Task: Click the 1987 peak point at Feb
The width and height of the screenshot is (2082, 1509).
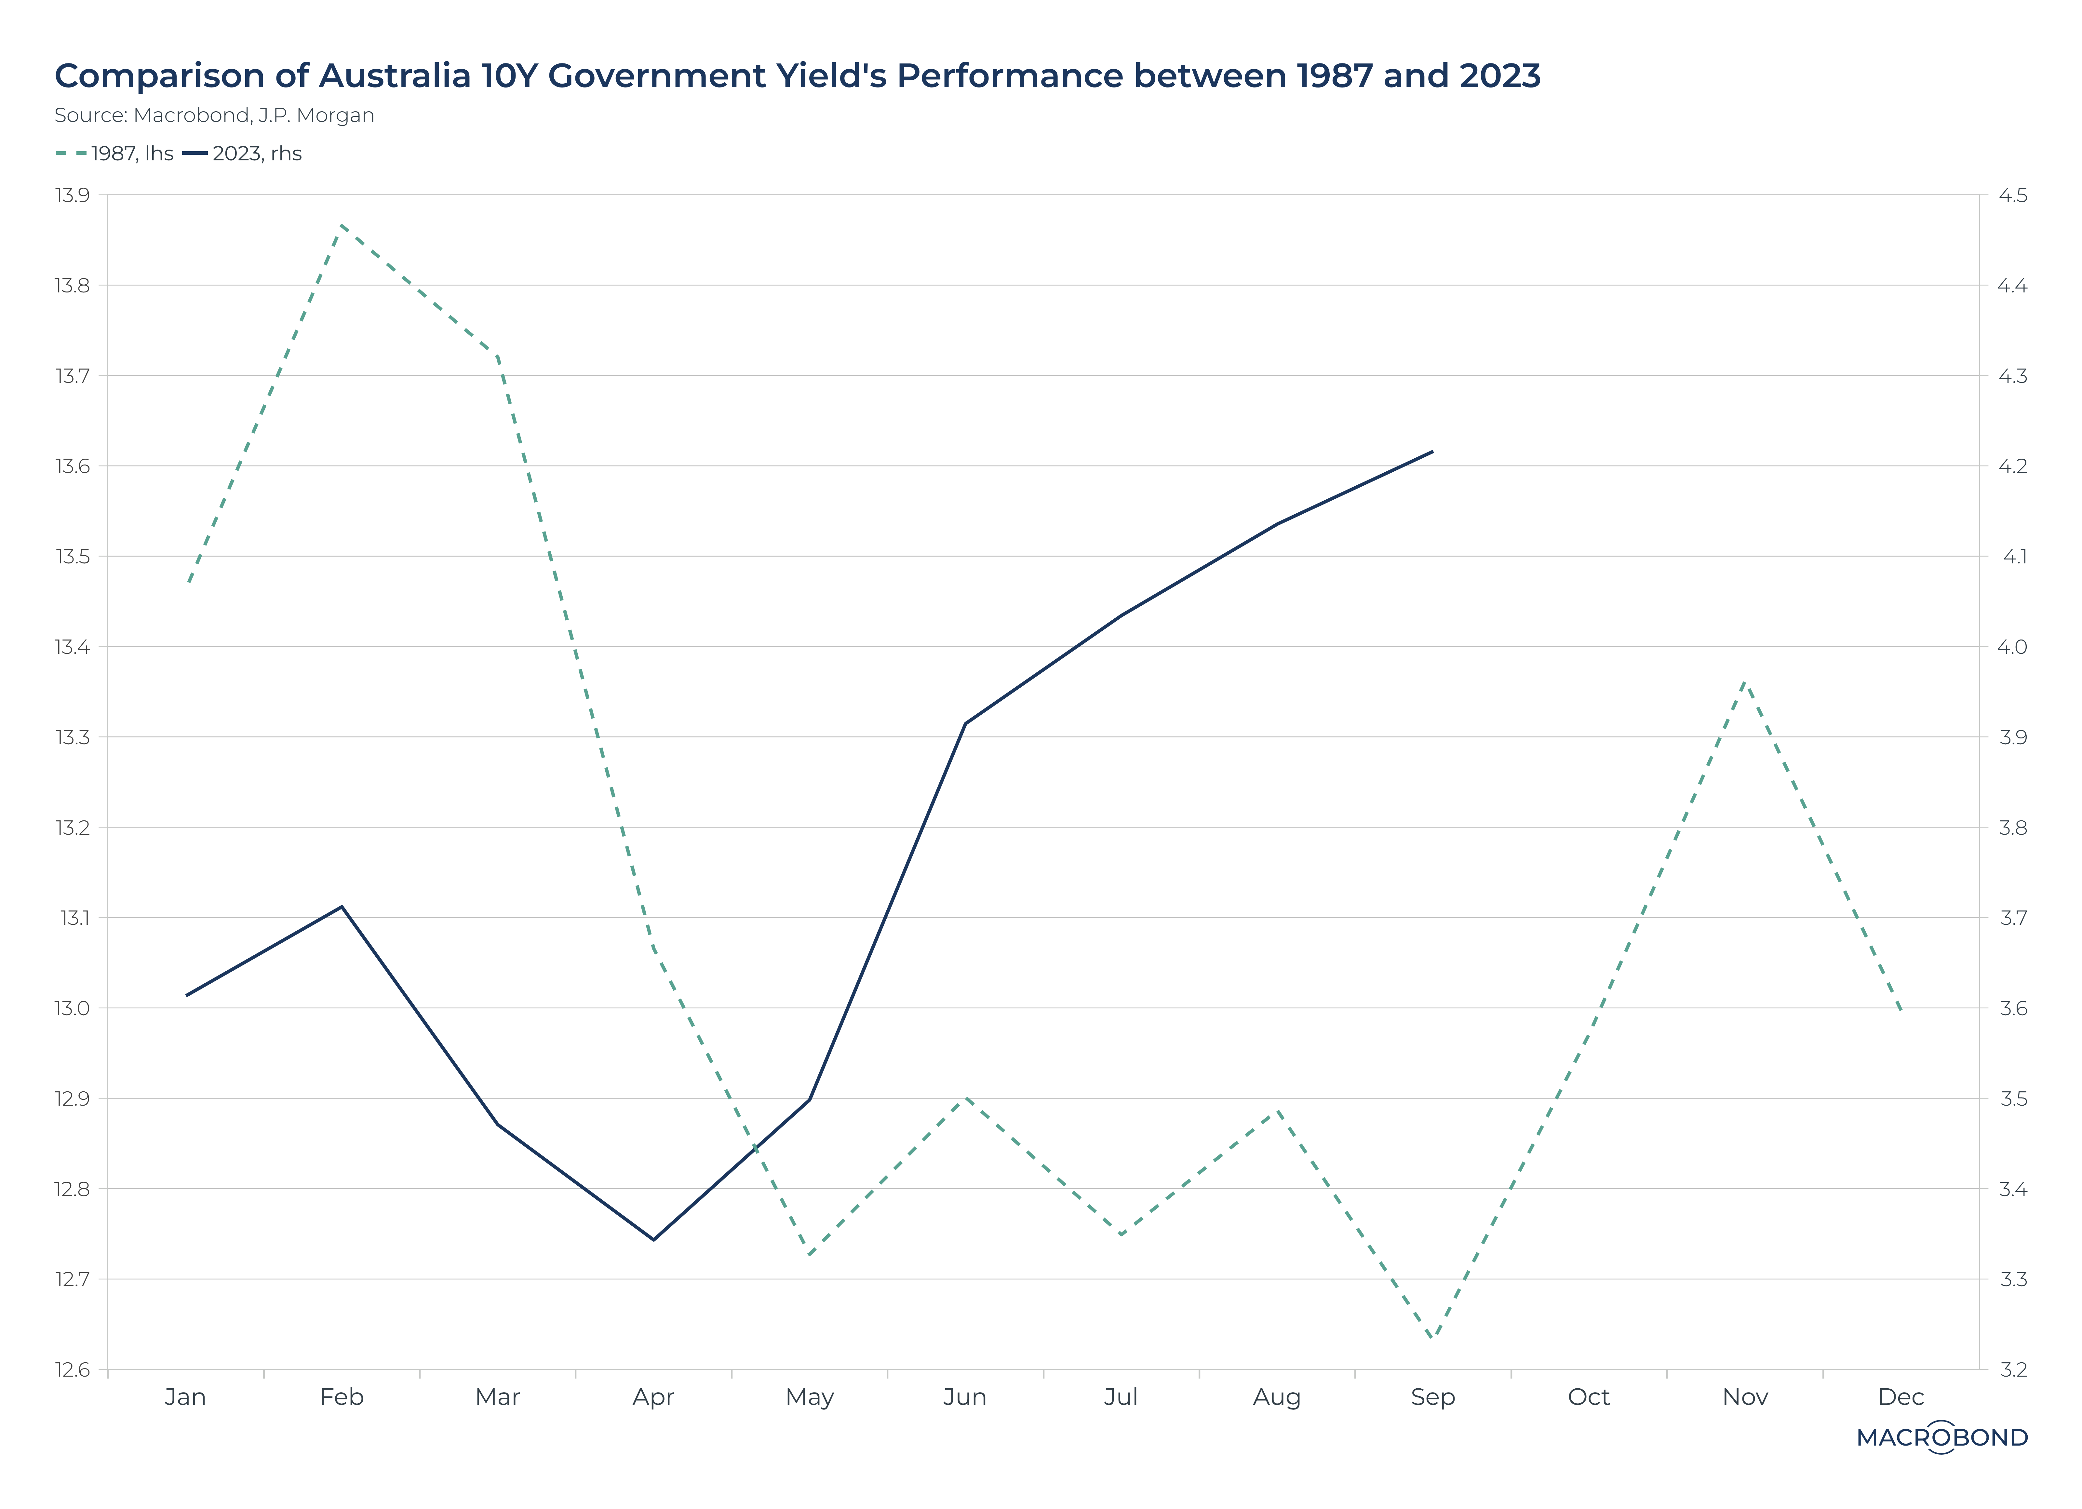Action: [342, 224]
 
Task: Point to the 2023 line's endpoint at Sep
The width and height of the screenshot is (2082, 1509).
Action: [1432, 451]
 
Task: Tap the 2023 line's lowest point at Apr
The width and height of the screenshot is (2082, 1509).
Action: [653, 1240]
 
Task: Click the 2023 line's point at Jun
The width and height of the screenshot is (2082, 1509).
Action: [965, 723]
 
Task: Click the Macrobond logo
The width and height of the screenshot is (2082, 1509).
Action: [1941, 1437]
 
